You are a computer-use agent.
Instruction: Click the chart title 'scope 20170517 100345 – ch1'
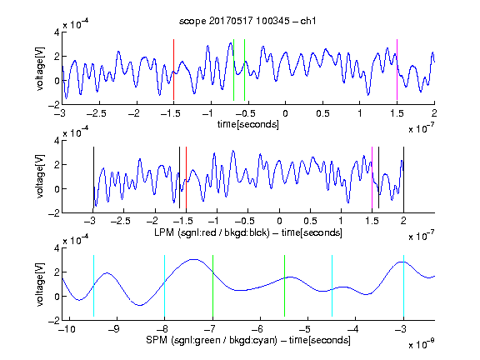coord(247,21)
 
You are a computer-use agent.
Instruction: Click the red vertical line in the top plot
coord(173,69)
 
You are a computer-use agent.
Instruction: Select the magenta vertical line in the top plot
coord(397,69)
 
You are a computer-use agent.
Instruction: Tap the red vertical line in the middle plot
coord(186,177)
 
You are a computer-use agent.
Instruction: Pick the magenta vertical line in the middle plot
coord(372,177)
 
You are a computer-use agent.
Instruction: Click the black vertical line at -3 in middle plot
coord(93,177)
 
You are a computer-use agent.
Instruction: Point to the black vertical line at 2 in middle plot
coord(403,177)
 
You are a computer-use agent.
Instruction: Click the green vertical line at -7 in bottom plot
coord(212,286)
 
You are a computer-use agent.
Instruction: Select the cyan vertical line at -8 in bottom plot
coord(165,286)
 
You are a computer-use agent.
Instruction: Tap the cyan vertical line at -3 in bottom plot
coord(403,286)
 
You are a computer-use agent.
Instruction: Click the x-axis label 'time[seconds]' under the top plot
coord(248,124)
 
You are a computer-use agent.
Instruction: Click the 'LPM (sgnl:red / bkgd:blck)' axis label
coord(212,232)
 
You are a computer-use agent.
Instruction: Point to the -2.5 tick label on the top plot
coord(97,113)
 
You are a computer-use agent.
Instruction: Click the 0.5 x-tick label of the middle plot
coord(310,221)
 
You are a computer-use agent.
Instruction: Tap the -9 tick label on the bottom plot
coord(114,329)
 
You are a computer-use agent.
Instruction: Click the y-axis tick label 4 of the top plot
coord(57,32)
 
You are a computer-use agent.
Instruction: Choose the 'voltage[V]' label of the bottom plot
coord(40,284)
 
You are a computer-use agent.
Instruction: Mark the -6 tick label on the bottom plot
coord(257,329)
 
